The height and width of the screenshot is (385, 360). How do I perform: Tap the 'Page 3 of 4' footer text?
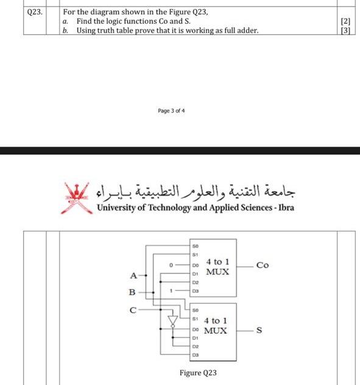pyautogui.click(x=172, y=111)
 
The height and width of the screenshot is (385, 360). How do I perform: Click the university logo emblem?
pyautogui.click(x=77, y=196)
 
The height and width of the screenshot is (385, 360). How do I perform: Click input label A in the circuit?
pyautogui.click(x=133, y=276)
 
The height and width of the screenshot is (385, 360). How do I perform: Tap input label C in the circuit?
pyautogui.click(x=133, y=309)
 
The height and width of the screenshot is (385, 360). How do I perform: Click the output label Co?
pyautogui.click(x=263, y=265)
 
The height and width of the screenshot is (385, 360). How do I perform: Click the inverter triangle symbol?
pyautogui.click(x=172, y=320)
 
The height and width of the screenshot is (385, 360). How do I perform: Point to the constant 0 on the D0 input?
pyautogui.click(x=172, y=266)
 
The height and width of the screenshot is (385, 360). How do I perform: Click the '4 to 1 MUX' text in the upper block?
pyautogui.click(x=217, y=266)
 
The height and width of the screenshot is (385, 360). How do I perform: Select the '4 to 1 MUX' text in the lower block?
pyautogui.click(x=216, y=325)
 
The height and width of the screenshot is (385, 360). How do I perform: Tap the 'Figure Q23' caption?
pyautogui.click(x=198, y=372)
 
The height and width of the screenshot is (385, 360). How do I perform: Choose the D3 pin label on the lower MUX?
pyautogui.click(x=195, y=354)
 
